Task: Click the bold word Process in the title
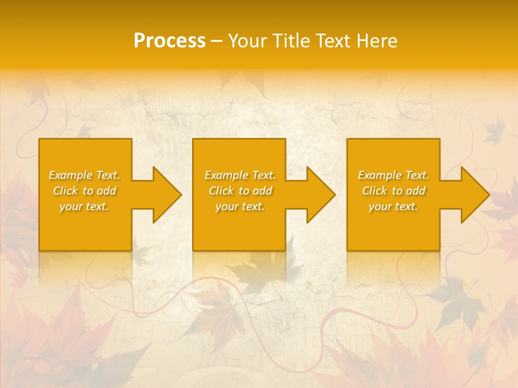click(x=169, y=41)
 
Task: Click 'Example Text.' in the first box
click(x=85, y=175)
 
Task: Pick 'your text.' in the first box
click(x=85, y=206)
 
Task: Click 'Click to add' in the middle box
click(x=240, y=191)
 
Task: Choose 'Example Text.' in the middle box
click(x=240, y=175)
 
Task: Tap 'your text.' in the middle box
click(x=240, y=206)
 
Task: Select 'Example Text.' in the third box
click(x=393, y=175)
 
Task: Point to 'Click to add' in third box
click(x=393, y=191)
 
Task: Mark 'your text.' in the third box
click(x=393, y=206)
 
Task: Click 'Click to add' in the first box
click(x=85, y=191)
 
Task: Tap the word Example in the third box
click(x=380, y=175)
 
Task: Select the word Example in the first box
click(x=71, y=175)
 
